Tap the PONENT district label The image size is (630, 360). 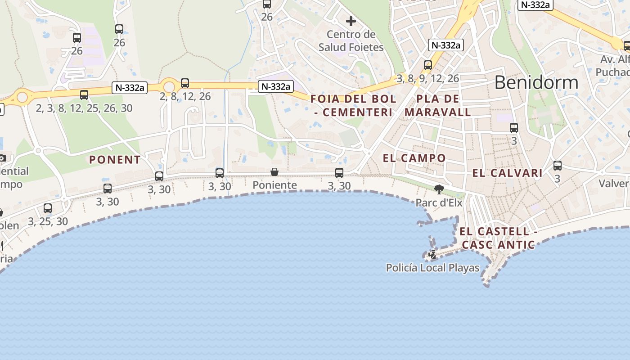click(x=115, y=160)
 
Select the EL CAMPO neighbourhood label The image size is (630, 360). click(x=414, y=158)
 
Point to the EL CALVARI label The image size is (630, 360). click(x=507, y=173)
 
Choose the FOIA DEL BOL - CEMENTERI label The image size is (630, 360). click(x=353, y=105)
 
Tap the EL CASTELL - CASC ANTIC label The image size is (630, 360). click(x=498, y=238)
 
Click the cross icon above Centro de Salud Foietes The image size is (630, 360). click(x=351, y=21)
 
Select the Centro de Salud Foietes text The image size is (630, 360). click(x=351, y=40)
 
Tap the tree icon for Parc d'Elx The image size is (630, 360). click(x=439, y=189)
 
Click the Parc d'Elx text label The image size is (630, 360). click(x=439, y=202)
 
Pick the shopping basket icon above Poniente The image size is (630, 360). click(x=274, y=172)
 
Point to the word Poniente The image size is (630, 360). click(x=274, y=185)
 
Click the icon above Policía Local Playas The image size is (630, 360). click(x=432, y=255)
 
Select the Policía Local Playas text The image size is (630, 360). click(x=432, y=268)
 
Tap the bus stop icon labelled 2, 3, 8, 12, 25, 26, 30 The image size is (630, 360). click(x=84, y=95)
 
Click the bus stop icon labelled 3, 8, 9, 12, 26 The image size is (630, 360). click(x=428, y=65)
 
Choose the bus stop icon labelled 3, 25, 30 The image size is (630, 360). click(x=48, y=208)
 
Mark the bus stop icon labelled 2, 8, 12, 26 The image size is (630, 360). click(x=185, y=83)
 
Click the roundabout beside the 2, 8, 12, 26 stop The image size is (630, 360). click(x=169, y=86)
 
